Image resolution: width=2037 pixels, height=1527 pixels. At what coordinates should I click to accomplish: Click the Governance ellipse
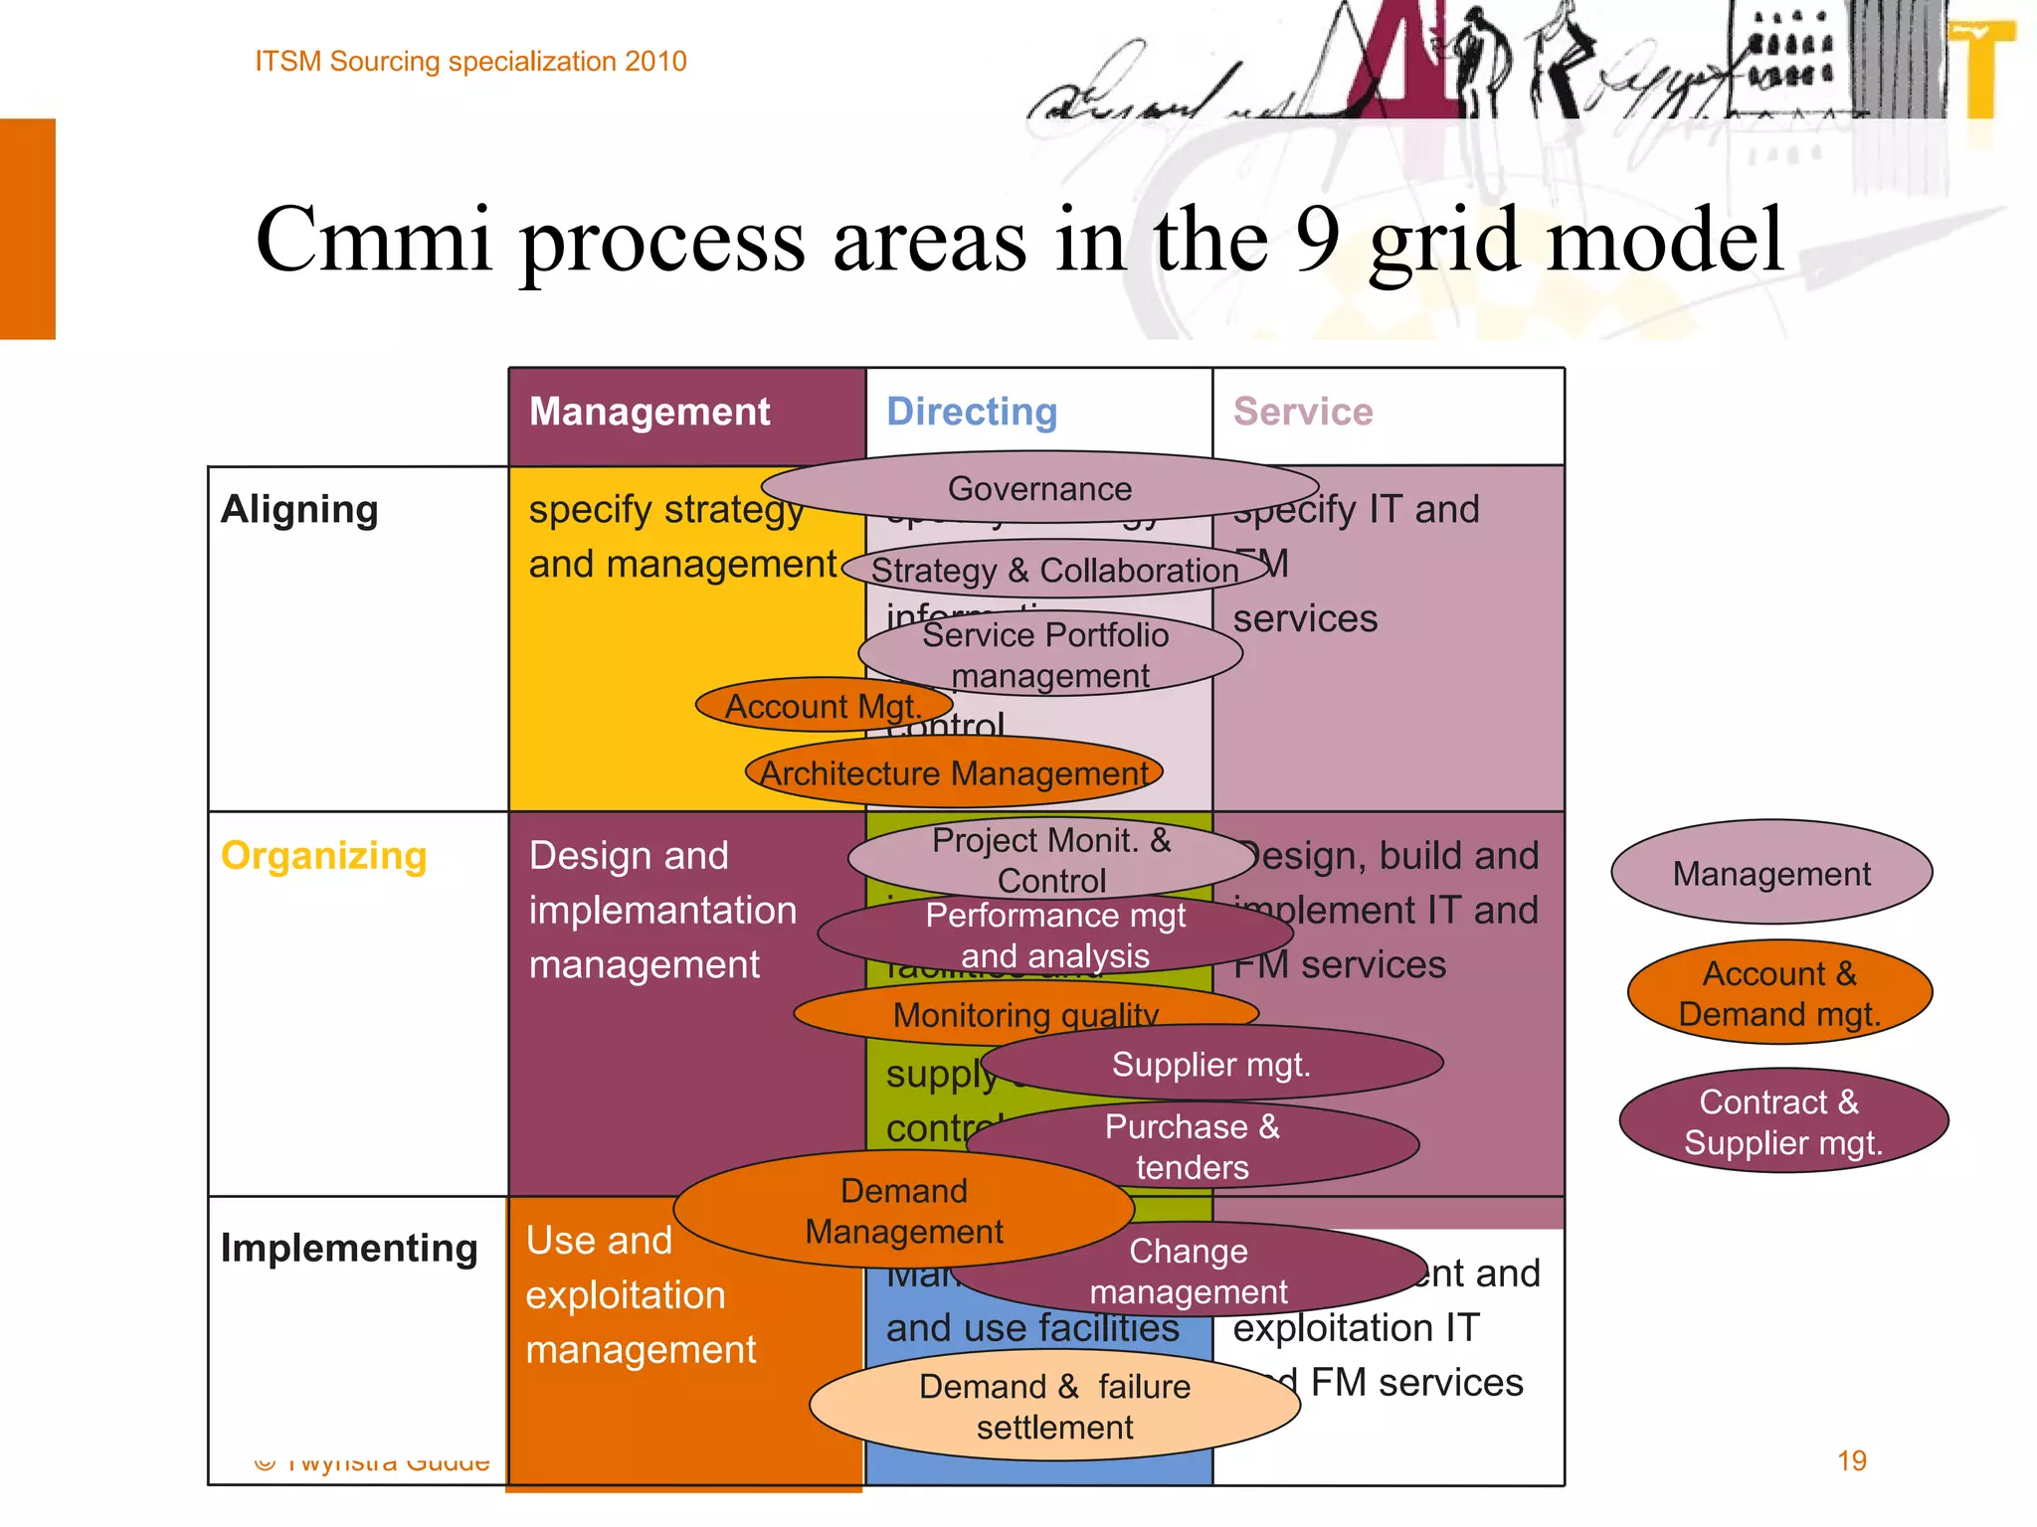pyautogui.click(x=1039, y=488)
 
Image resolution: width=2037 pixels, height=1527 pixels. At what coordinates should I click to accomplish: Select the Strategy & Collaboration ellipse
pyautogui.click(x=1054, y=570)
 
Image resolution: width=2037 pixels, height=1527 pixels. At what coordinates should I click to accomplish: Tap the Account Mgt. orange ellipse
pyautogui.click(x=823, y=706)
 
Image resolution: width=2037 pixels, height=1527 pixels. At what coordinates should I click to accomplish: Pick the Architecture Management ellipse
pyautogui.click(x=954, y=772)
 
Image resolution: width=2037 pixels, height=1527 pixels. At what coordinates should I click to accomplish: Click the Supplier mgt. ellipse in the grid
pyautogui.click(x=1210, y=1064)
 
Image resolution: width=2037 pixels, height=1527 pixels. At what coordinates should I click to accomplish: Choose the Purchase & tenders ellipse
pyautogui.click(x=1192, y=1145)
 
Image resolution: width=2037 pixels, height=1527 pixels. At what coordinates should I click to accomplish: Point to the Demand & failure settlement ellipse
pyautogui.click(x=1054, y=1406)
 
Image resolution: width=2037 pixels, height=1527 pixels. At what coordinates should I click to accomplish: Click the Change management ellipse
pyautogui.click(x=1188, y=1270)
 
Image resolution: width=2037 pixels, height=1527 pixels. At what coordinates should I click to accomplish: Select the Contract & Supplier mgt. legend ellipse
pyautogui.click(x=1782, y=1121)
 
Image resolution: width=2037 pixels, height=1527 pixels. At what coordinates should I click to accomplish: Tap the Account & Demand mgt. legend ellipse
pyautogui.click(x=1779, y=992)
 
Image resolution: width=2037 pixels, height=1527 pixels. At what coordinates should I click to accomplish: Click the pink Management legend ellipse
pyautogui.click(x=1770, y=873)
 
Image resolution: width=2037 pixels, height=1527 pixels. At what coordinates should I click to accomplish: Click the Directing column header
pyautogui.click(x=972, y=412)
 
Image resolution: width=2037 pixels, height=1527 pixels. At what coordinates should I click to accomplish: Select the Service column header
pyautogui.click(x=1303, y=412)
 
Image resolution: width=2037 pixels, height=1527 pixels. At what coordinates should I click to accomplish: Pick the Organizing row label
pyautogui.click(x=323, y=855)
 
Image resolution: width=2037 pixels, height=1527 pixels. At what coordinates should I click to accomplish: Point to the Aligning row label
pyautogui.click(x=299, y=509)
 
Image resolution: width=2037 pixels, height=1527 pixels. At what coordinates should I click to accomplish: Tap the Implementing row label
pyautogui.click(x=349, y=1248)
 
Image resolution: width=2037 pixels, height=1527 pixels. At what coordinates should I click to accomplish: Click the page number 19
pyautogui.click(x=1851, y=1460)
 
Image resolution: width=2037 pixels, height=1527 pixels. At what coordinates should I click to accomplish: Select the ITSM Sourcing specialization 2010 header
pyautogui.click(x=470, y=62)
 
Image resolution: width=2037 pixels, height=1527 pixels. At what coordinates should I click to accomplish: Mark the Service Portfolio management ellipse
pyautogui.click(x=1048, y=654)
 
